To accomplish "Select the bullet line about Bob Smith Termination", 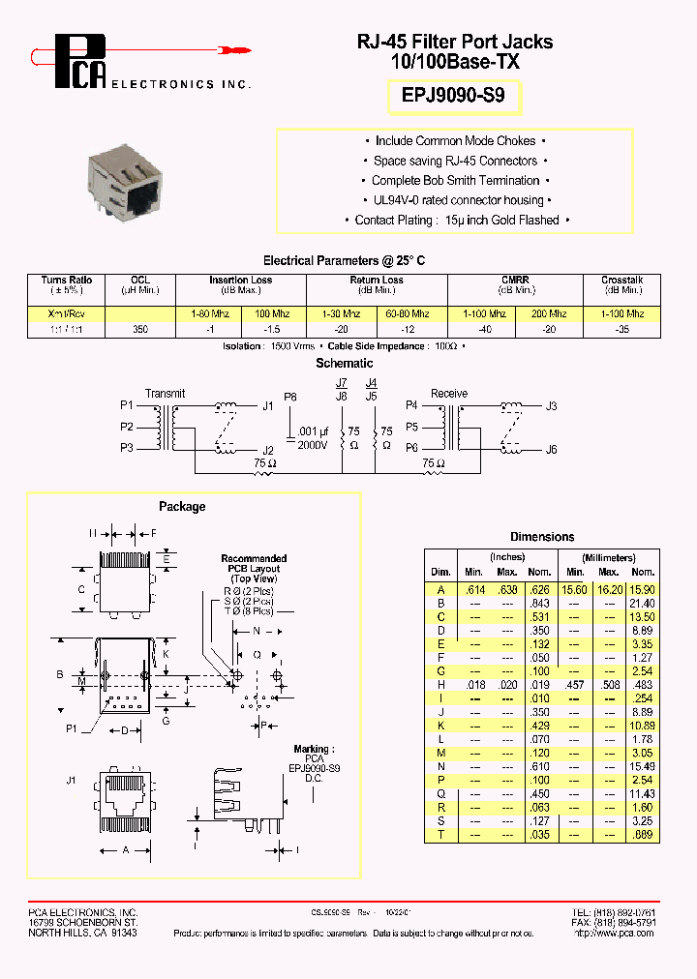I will click(x=455, y=181).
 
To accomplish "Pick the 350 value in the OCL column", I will click(x=139, y=329).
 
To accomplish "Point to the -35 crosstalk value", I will click(x=621, y=329).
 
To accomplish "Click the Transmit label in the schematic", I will click(x=165, y=394).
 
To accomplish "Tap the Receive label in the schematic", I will click(x=448, y=394).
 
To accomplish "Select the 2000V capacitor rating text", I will click(x=314, y=444).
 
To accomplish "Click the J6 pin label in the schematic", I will click(x=551, y=449).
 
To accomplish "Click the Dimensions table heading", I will click(x=542, y=537).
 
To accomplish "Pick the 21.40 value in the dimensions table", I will click(x=643, y=603).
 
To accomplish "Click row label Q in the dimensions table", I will click(x=440, y=794).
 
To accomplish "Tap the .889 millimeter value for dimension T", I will click(x=643, y=835).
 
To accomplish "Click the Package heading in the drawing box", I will click(x=182, y=507).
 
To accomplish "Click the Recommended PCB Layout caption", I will click(x=254, y=569).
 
